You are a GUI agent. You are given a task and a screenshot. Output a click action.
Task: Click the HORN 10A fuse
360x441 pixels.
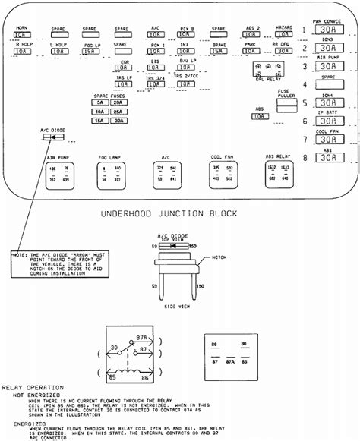click(21, 35)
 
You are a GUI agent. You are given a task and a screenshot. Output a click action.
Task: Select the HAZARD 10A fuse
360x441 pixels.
click(284, 34)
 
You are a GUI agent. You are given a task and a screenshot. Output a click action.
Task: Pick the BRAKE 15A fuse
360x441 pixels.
click(219, 52)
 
